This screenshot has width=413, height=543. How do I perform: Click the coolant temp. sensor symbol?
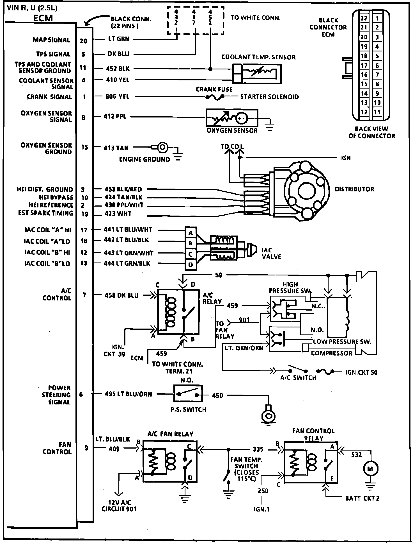[257, 74]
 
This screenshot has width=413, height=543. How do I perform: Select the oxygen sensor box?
[232, 117]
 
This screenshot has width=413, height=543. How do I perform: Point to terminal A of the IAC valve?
[191, 233]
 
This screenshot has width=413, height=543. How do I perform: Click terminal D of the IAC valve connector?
[191, 264]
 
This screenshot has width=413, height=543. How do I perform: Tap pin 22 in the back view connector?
[364, 18]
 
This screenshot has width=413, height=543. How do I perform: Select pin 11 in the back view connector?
[377, 112]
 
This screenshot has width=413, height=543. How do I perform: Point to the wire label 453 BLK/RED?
[123, 189]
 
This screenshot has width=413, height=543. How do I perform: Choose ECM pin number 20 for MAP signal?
[84, 41]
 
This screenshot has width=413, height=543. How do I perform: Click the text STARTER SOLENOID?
[269, 97]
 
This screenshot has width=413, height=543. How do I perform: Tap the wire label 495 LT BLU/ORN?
[128, 394]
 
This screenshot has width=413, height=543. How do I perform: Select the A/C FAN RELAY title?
[170, 434]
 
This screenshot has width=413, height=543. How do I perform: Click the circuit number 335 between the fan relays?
[258, 449]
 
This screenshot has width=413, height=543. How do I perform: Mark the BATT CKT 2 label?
[362, 498]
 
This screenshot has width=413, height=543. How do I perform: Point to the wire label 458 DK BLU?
[122, 295]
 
